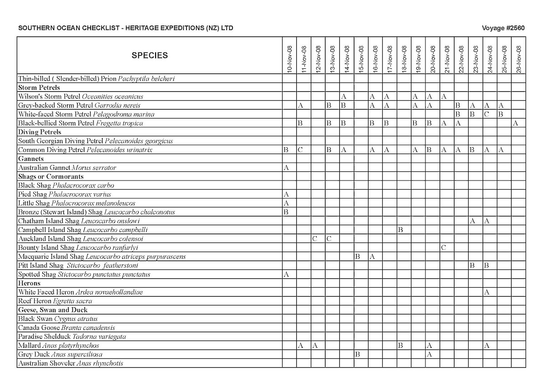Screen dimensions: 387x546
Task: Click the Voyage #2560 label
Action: click(x=503, y=28)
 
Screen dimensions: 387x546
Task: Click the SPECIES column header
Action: click(x=150, y=56)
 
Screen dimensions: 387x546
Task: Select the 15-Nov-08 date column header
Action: click(x=361, y=59)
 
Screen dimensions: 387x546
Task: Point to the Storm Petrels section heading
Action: click(x=39, y=88)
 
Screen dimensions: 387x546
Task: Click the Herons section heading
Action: click(x=29, y=283)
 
